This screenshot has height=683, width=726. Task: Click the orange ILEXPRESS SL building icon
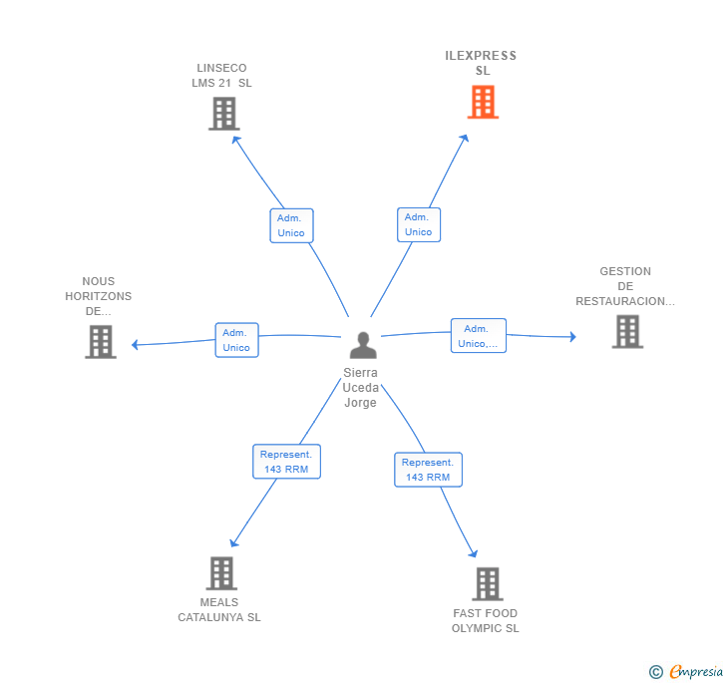coord(483,102)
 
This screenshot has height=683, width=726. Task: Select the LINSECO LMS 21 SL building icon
coord(224,114)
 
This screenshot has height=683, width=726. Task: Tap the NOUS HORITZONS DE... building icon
coord(101,341)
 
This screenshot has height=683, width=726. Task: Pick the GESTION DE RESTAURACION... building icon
coord(626,331)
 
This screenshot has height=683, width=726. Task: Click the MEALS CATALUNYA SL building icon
coord(221,573)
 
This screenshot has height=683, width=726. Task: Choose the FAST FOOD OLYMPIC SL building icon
coord(487,583)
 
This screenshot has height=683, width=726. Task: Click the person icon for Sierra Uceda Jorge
coord(363,345)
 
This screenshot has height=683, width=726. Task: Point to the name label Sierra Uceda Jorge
coord(360,388)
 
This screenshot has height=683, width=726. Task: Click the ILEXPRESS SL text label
coord(481,63)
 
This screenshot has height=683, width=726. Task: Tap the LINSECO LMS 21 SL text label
coord(221,76)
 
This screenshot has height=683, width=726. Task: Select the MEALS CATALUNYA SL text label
coord(219,610)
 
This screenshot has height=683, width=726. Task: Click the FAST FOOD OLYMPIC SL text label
coord(485,621)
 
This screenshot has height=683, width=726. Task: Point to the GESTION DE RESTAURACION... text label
coord(625,286)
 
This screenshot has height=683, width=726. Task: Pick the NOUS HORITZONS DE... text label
coord(99,296)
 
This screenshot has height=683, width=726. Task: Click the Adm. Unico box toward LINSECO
coord(291,225)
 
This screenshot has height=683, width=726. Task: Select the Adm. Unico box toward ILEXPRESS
coord(418,224)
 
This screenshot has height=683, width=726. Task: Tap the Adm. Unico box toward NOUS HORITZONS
coord(236,340)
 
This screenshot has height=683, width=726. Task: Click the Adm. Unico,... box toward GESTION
coord(478,336)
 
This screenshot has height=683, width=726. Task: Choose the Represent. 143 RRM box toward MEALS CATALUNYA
coord(286,462)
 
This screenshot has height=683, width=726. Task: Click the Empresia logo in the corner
coord(686,672)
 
